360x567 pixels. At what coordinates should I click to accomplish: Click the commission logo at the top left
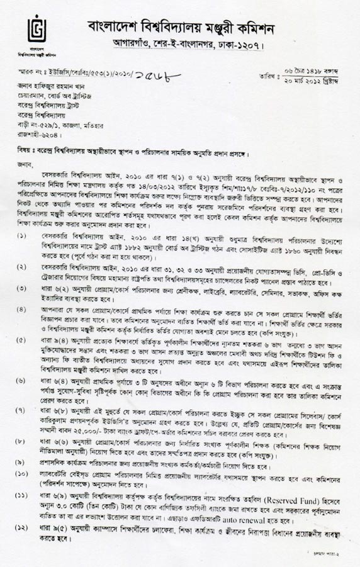click(x=39, y=29)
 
